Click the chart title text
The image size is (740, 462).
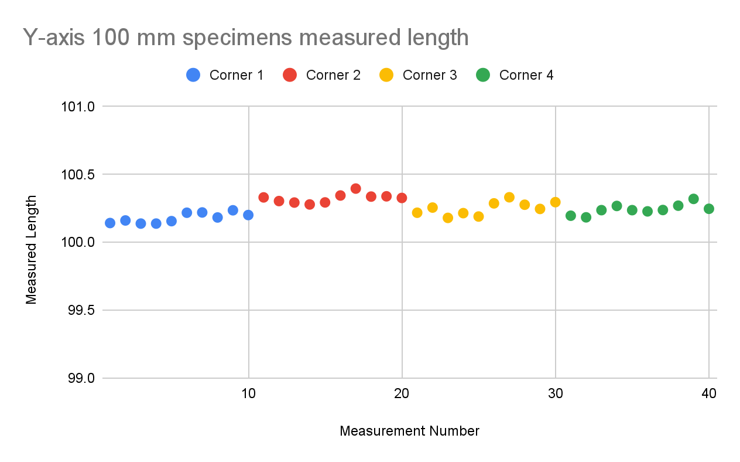tap(246, 38)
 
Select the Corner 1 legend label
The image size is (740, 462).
tap(237, 75)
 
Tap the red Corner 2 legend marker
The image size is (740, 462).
tap(290, 75)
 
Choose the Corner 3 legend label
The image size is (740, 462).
tap(430, 75)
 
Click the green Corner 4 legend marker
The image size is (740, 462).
tap(483, 75)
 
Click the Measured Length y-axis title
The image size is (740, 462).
tap(32, 250)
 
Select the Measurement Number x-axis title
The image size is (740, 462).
tap(409, 431)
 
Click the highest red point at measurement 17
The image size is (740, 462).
tap(355, 189)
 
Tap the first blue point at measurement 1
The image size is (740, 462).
tap(110, 223)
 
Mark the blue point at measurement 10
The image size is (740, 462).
tap(248, 215)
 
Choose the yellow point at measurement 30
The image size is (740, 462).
tap(555, 202)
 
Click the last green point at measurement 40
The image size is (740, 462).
tap(709, 209)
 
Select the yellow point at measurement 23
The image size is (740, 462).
tap(448, 218)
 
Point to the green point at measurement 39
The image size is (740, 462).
tap(694, 199)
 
